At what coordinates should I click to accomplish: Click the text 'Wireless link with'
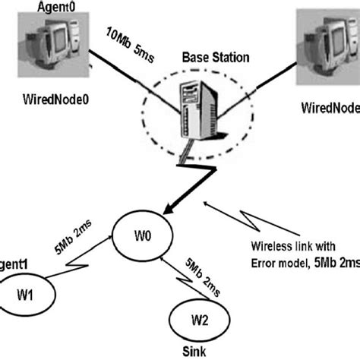click(x=293, y=246)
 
